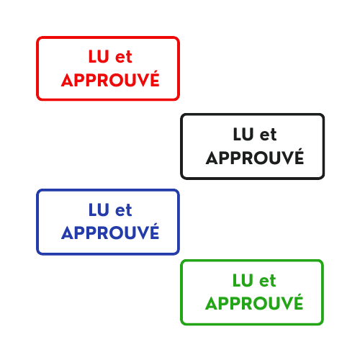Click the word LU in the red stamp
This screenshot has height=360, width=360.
[x=99, y=56]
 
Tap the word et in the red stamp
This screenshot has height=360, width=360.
[x=124, y=57]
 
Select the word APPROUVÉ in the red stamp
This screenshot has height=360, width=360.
[x=110, y=78]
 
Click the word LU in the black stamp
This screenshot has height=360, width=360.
[x=243, y=134]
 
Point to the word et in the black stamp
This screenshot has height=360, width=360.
[x=269, y=135]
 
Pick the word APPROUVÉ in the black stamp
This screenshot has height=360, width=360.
[x=255, y=156]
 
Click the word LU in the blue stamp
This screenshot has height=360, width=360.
[x=99, y=210]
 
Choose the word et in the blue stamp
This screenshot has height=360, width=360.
[x=124, y=210]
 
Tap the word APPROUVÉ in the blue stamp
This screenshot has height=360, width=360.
[x=110, y=232]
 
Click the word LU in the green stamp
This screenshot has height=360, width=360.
[x=243, y=280]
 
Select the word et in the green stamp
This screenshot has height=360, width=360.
[x=268, y=281]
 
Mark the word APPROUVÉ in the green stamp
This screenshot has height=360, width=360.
[x=254, y=302]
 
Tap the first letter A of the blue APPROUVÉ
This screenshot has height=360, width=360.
[x=68, y=233]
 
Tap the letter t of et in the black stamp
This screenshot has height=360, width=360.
[x=274, y=135]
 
